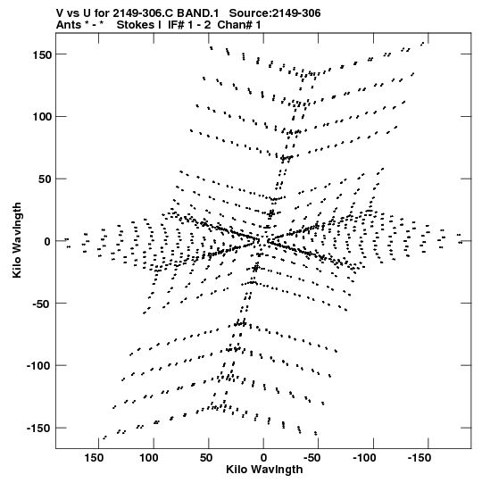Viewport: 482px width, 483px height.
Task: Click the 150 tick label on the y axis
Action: [42, 54]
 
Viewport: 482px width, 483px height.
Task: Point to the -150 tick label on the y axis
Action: [38, 429]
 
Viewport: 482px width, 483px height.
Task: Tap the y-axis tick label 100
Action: [42, 117]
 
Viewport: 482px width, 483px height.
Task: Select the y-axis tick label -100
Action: [38, 366]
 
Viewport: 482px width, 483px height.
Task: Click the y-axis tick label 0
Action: [47, 241]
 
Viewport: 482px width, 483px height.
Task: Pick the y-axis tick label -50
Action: [42, 304]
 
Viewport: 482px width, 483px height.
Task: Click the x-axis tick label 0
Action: [263, 458]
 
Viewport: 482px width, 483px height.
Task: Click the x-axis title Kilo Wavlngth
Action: [264, 470]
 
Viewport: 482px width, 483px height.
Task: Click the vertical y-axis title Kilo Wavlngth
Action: [17, 240]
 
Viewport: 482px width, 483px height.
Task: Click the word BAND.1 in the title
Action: [198, 13]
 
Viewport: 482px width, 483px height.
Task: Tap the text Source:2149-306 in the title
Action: [275, 13]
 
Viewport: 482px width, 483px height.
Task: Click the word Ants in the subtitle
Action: [69, 25]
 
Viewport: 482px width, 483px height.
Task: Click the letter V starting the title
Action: [60, 13]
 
